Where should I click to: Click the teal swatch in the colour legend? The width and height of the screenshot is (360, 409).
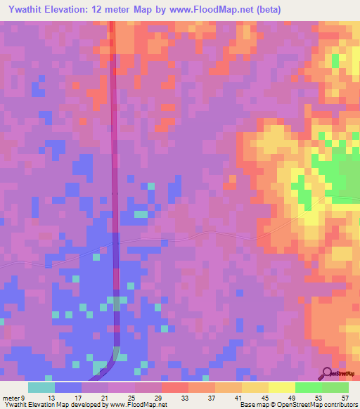41,387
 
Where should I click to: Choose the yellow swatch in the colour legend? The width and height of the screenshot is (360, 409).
281,387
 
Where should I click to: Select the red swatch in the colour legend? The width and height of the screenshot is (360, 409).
174,387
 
